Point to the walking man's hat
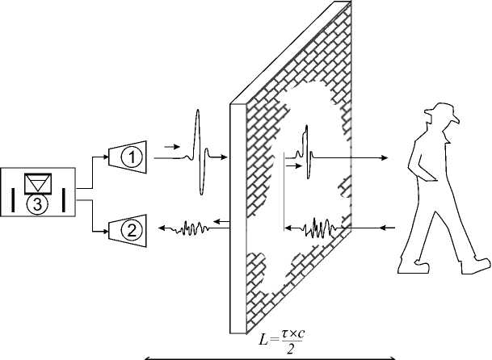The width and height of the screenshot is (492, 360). pos(443,111)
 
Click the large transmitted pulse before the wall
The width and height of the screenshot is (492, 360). pos(198,153)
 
